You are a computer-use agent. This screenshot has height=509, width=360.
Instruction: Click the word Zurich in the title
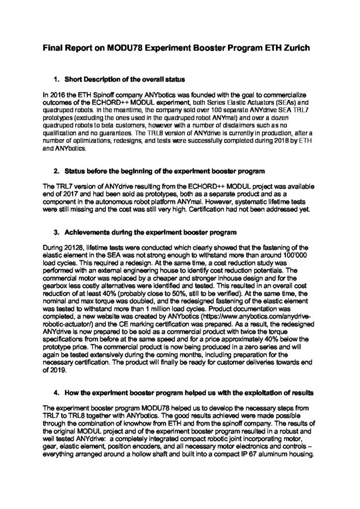(x=297, y=49)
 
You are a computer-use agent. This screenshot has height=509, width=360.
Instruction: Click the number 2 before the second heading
(x=56, y=171)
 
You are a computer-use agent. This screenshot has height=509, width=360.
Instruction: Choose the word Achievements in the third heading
(x=88, y=233)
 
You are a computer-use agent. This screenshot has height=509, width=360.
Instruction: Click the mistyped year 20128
(x=70, y=247)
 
